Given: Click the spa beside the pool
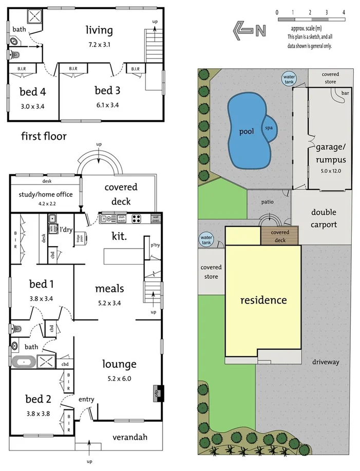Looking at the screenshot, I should click(x=269, y=128).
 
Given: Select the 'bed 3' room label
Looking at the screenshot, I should click(x=107, y=90).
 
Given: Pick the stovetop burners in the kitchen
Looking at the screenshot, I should click(x=137, y=218).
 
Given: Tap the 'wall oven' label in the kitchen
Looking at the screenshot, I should click(x=156, y=218).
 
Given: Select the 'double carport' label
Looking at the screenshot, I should click(x=324, y=218).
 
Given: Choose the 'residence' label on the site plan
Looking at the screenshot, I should click(x=263, y=299).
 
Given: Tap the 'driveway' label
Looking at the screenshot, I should click(x=326, y=362).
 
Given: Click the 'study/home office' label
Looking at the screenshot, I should click(x=46, y=194).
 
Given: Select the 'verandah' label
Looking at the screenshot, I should click(x=130, y=437).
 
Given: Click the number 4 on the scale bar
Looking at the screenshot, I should click(x=343, y=11).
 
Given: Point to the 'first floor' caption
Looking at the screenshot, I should click(x=44, y=136).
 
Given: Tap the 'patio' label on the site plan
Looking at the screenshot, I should click(x=267, y=202).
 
